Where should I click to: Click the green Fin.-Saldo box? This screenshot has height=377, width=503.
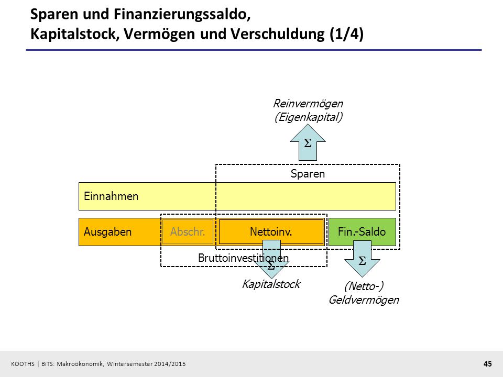pos(362,232)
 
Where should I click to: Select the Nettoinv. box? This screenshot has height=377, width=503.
pos(271,232)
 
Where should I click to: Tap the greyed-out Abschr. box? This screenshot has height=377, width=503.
pos(188,232)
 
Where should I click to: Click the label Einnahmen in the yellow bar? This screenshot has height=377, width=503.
pos(111,196)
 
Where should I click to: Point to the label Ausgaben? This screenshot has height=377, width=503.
pos(108,232)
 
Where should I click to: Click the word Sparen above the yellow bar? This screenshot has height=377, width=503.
pos(308,174)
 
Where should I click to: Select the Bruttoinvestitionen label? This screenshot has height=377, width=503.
pos(243,258)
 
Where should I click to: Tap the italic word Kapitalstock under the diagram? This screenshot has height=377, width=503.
pos(271,284)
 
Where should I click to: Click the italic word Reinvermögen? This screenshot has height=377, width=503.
pos(308,104)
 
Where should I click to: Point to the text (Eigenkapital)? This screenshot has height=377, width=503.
pos(308,117)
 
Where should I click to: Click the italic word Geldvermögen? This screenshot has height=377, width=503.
pos(364,300)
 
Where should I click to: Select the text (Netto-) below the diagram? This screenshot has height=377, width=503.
pos(364,286)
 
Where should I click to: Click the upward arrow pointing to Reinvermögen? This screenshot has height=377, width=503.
pos(308,142)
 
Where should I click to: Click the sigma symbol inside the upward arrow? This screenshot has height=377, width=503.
pos(308,143)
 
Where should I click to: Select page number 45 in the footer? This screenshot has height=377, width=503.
pos(488,364)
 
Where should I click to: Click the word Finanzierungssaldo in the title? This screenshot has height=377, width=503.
pos(182,15)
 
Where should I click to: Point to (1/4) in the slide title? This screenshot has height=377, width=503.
pos(347,34)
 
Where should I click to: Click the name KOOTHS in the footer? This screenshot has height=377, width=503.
pos(23,364)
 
